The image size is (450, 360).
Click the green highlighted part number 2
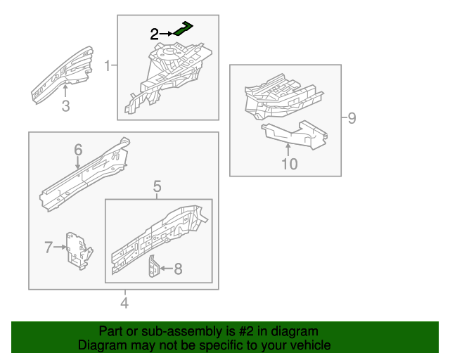pyautogui.click(x=184, y=28)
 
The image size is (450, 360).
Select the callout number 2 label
pyautogui.click(x=155, y=33)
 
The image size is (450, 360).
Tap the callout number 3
pyautogui.click(x=65, y=106)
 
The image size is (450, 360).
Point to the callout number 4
pyautogui.click(x=124, y=303)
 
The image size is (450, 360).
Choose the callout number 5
pyautogui.click(x=157, y=186)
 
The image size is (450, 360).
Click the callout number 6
pyautogui.click(x=78, y=149)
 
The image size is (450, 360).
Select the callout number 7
pyautogui.click(x=49, y=247)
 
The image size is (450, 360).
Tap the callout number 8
pyautogui.click(x=178, y=268)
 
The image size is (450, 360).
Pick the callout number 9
pyautogui.click(x=352, y=117)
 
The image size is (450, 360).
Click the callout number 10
pyautogui.click(x=290, y=164)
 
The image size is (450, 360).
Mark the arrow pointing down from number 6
pyautogui.click(x=78, y=161)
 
